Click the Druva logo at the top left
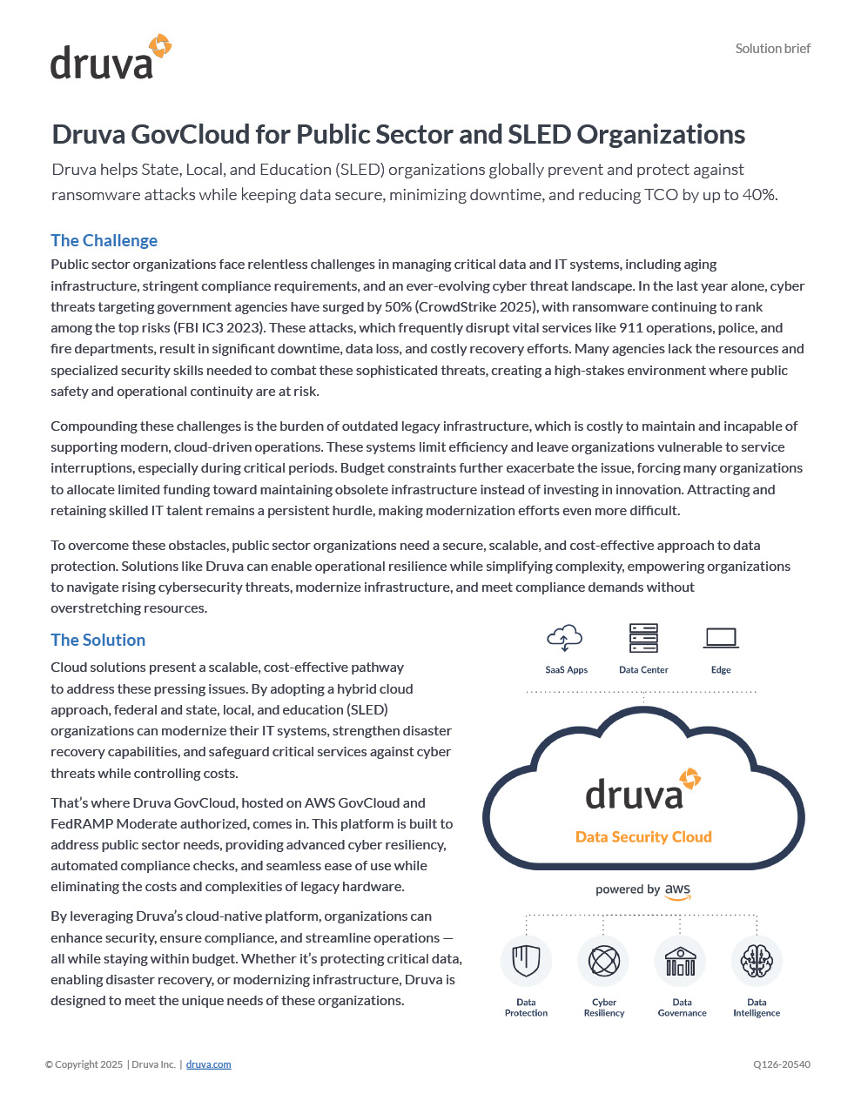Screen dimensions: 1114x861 (111, 57)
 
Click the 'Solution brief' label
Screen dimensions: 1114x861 (772, 49)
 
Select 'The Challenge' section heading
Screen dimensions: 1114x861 (104, 240)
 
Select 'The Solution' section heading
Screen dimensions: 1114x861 (98, 640)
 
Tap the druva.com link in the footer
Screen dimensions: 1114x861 (208, 1064)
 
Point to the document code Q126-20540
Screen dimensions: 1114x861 (781, 1064)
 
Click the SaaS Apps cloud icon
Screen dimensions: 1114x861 (565, 638)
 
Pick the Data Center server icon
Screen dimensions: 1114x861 (643, 638)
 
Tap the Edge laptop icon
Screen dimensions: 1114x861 (721, 638)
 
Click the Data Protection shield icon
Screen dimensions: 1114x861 (526, 961)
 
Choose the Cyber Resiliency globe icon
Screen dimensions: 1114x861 (603, 961)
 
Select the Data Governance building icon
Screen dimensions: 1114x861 (681, 961)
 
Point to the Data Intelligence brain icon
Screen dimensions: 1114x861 (757, 961)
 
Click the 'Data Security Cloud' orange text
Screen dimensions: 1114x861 (643, 836)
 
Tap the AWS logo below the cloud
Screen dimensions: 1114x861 (677, 891)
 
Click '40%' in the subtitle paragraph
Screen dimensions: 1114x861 (758, 195)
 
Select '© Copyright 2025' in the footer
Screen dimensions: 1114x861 (84, 1064)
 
